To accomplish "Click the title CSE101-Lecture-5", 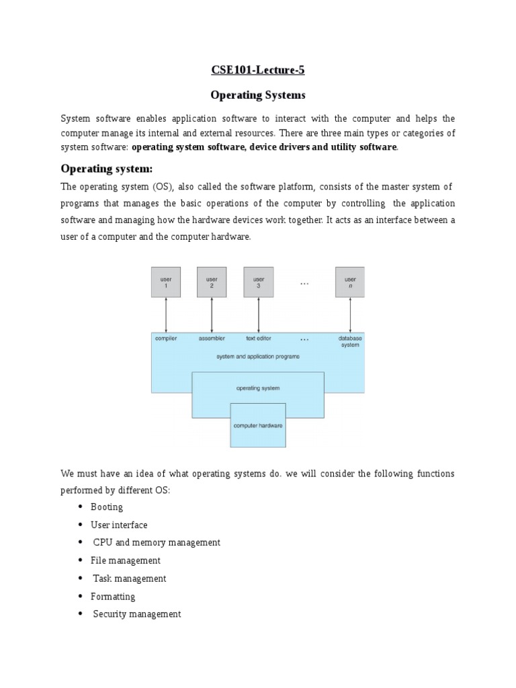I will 258,69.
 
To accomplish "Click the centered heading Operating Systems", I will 258,95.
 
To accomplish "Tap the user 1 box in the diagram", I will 166,282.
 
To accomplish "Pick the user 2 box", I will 212,282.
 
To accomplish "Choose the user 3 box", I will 259,282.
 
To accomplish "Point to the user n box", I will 350,282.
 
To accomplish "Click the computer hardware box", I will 258,426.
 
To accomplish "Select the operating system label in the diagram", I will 258,388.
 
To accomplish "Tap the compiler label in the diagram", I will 166,339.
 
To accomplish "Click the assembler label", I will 212,339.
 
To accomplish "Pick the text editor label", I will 259,339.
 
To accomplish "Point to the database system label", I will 350,341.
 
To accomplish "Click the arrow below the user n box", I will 350,314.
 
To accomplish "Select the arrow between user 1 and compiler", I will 166,314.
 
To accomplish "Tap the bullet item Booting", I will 107,507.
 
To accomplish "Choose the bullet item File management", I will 126,560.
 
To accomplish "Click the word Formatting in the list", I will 113,597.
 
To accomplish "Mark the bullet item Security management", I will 137,614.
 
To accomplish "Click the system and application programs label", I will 258,357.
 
